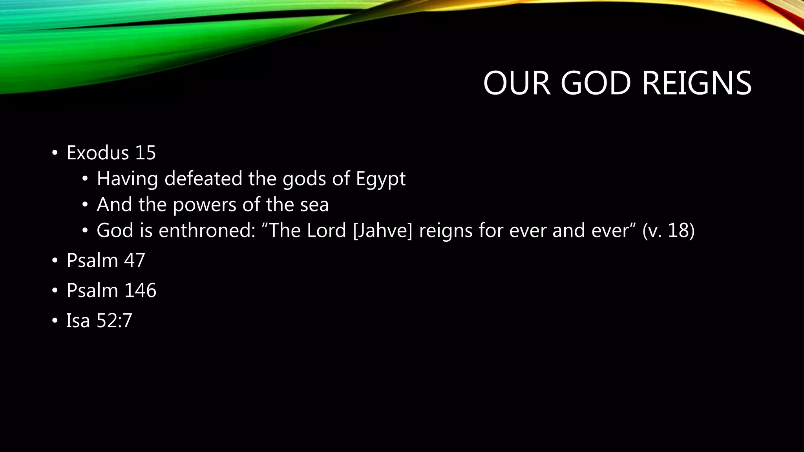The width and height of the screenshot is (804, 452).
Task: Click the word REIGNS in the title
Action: [696, 83]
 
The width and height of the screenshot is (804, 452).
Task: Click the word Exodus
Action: [98, 152]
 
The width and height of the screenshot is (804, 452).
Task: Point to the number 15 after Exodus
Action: [145, 152]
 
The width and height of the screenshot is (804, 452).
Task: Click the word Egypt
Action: [380, 179]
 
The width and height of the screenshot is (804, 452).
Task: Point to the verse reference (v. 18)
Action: [668, 230]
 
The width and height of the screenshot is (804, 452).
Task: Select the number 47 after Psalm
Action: [135, 260]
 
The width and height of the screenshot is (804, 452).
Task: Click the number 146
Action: [140, 290]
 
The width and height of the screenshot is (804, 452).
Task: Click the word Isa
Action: [78, 321]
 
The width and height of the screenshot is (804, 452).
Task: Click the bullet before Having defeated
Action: [85, 179]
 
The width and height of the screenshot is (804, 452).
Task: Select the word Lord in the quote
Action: [326, 230]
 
